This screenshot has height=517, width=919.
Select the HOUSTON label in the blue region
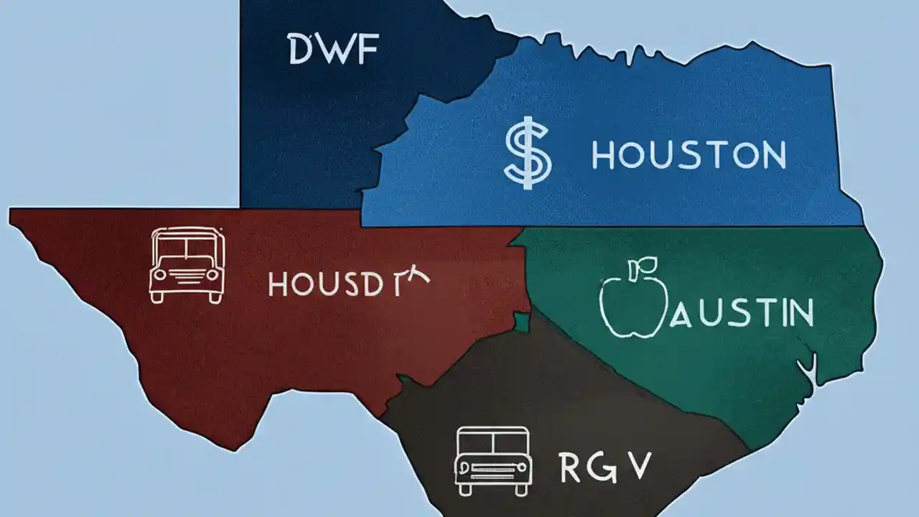[688, 156]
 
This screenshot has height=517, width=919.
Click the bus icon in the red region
[186, 264]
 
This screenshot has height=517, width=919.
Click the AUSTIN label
[741, 314]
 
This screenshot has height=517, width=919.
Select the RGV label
[604, 467]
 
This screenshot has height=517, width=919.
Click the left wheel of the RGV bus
[465, 489]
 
